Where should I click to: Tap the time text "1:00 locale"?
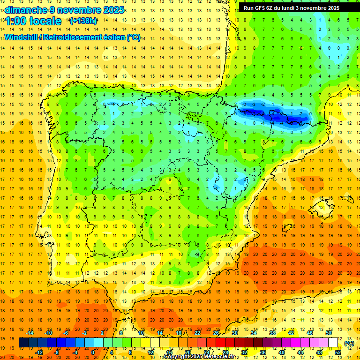pos(33,21)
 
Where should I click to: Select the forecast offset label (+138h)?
pos(83,21)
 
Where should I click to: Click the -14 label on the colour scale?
pos(30,333)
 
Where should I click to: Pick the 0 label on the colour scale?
pos(93,352)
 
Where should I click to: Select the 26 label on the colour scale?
pos(216,333)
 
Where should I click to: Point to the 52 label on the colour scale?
pos(338,352)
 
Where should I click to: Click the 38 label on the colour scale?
pos(272,333)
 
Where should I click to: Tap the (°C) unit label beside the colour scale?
pos(349,343)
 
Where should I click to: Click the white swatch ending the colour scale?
pos(333,343)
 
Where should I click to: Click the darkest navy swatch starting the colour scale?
pos(23,343)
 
